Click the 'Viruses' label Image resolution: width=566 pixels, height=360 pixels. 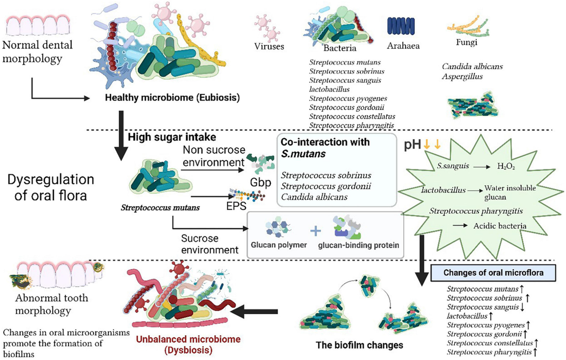pos(270,48)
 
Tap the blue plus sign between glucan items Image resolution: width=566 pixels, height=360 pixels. pos(315,231)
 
